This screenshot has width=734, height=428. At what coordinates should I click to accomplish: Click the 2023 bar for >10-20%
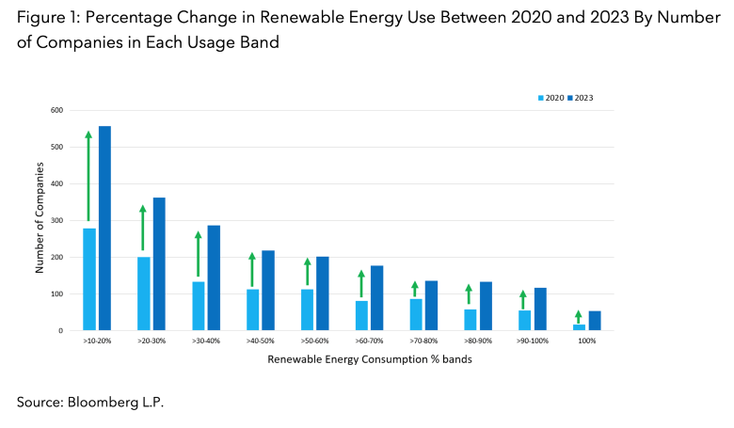point(104,229)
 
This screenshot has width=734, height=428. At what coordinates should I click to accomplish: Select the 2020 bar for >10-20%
point(89,279)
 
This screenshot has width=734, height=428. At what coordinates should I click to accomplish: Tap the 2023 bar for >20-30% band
point(159,264)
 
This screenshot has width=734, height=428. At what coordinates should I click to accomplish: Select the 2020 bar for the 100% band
point(579,326)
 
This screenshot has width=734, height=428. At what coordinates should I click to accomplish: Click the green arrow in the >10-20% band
point(88,176)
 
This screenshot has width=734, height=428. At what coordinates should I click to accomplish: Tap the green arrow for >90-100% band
point(523,300)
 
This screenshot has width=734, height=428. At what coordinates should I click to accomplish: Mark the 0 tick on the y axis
point(60,331)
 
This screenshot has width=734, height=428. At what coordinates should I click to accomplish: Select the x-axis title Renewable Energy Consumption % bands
point(342,359)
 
